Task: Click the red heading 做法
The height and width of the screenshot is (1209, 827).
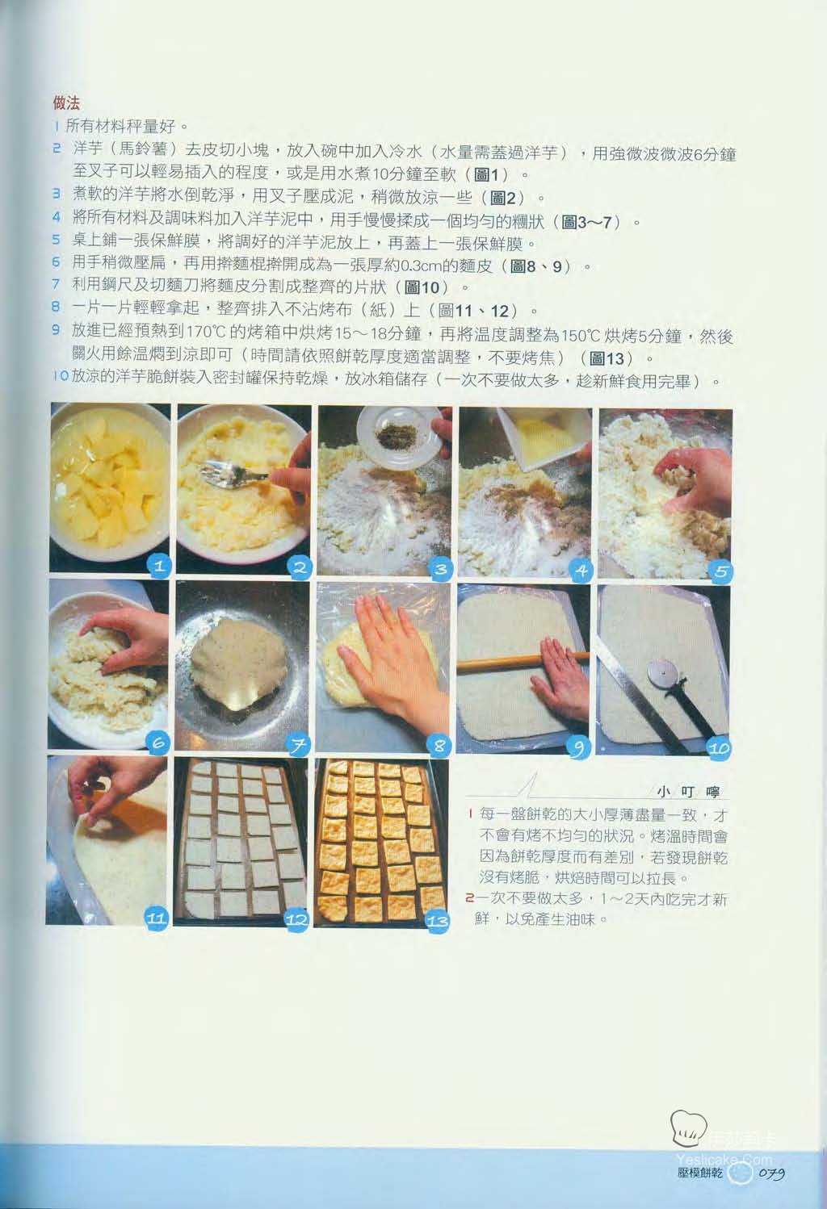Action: point(66,102)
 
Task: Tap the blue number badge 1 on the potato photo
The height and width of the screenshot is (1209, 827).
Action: point(159,567)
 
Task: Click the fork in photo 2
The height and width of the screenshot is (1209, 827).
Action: point(233,475)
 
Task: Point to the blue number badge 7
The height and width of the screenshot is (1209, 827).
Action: point(298,746)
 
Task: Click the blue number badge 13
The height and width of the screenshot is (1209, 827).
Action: point(438,922)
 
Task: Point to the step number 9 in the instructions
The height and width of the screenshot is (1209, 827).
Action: point(57,329)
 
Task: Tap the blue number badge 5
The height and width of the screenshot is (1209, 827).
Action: point(721,571)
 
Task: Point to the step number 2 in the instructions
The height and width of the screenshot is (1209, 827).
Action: point(57,149)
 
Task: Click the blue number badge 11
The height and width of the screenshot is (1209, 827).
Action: point(157,918)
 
